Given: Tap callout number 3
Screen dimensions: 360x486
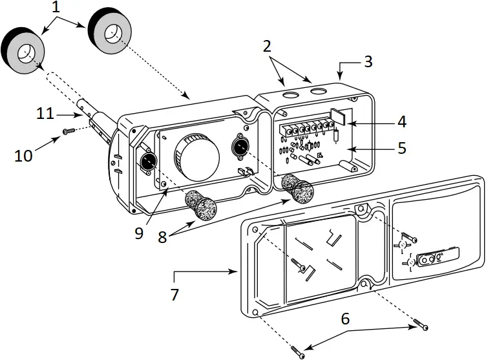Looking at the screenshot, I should point(368,62).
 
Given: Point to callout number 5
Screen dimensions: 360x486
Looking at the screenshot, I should point(401,148).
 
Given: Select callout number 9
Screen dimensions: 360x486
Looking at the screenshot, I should point(139,233).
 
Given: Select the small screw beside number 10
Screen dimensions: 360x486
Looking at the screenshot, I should point(69,132).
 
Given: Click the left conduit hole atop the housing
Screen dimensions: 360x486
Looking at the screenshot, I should point(290,96).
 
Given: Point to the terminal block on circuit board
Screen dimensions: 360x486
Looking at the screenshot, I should point(304,129).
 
